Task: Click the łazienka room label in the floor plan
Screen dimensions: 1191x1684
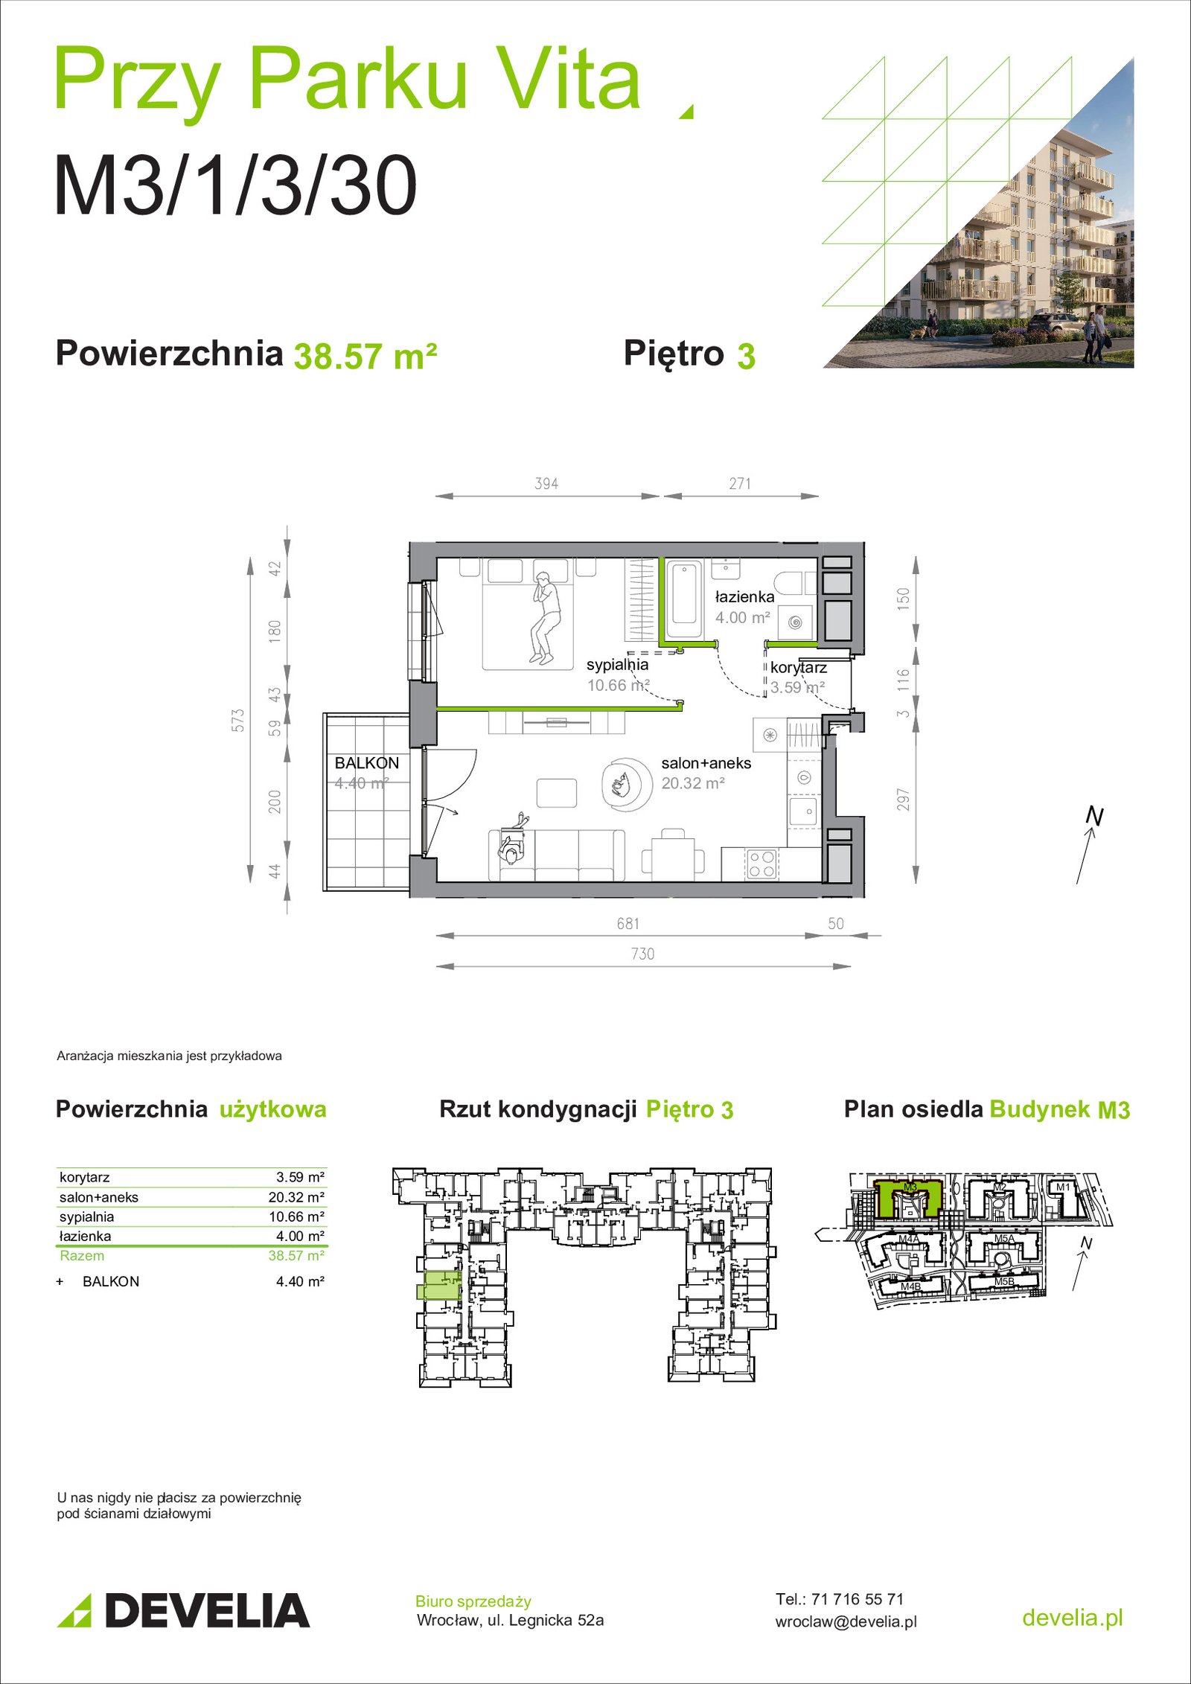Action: coord(744,596)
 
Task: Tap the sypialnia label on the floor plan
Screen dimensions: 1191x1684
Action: coord(617,664)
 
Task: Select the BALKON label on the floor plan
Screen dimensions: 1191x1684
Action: coord(367,763)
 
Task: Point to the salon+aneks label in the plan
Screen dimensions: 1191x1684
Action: coord(706,763)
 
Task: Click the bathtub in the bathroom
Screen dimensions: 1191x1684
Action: coord(684,602)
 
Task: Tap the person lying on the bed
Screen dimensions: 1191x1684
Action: coord(544,617)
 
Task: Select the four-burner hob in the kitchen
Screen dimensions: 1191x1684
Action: coord(761,864)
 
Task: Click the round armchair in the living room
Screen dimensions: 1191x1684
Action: coord(627,784)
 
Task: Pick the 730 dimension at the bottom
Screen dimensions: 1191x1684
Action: coord(642,954)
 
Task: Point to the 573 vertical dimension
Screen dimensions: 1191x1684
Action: coord(237,720)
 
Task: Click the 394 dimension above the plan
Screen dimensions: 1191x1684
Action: coord(546,484)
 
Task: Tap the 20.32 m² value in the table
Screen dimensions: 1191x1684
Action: coord(296,1197)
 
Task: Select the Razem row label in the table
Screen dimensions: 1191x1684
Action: coord(82,1255)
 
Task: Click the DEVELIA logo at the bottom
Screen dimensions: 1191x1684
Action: coord(183,1610)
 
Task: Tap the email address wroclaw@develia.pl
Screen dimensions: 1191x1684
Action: coord(846,1622)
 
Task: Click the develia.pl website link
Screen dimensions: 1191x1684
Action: coord(1072,1617)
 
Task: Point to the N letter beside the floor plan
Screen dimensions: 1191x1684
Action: coord(1093,816)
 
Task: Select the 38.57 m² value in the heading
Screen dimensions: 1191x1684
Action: coord(365,356)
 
